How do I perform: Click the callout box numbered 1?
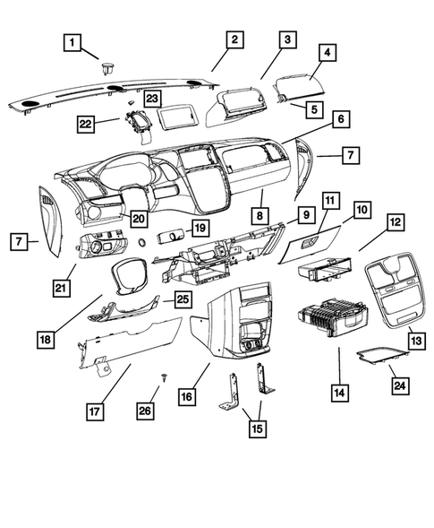point(72,42)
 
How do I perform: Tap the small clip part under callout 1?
point(107,68)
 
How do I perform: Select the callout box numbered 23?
point(153,99)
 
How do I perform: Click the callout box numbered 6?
point(341,119)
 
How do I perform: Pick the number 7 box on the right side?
point(351,155)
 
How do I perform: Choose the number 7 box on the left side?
point(19,241)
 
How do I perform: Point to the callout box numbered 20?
point(139,219)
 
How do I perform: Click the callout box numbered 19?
point(200,228)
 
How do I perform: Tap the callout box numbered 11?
point(330,201)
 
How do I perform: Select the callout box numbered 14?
point(339,393)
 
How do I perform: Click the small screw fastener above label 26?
point(165,377)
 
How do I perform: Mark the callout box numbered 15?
point(258,428)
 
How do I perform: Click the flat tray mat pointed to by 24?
point(383,356)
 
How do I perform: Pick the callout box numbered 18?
point(46,339)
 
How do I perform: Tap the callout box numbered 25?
point(183,299)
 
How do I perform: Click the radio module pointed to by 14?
point(332,316)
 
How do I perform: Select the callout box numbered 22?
point(85,124)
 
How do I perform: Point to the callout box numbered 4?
point(328,52)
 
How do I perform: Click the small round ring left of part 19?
point(142,242)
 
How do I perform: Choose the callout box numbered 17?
point(95,411)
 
